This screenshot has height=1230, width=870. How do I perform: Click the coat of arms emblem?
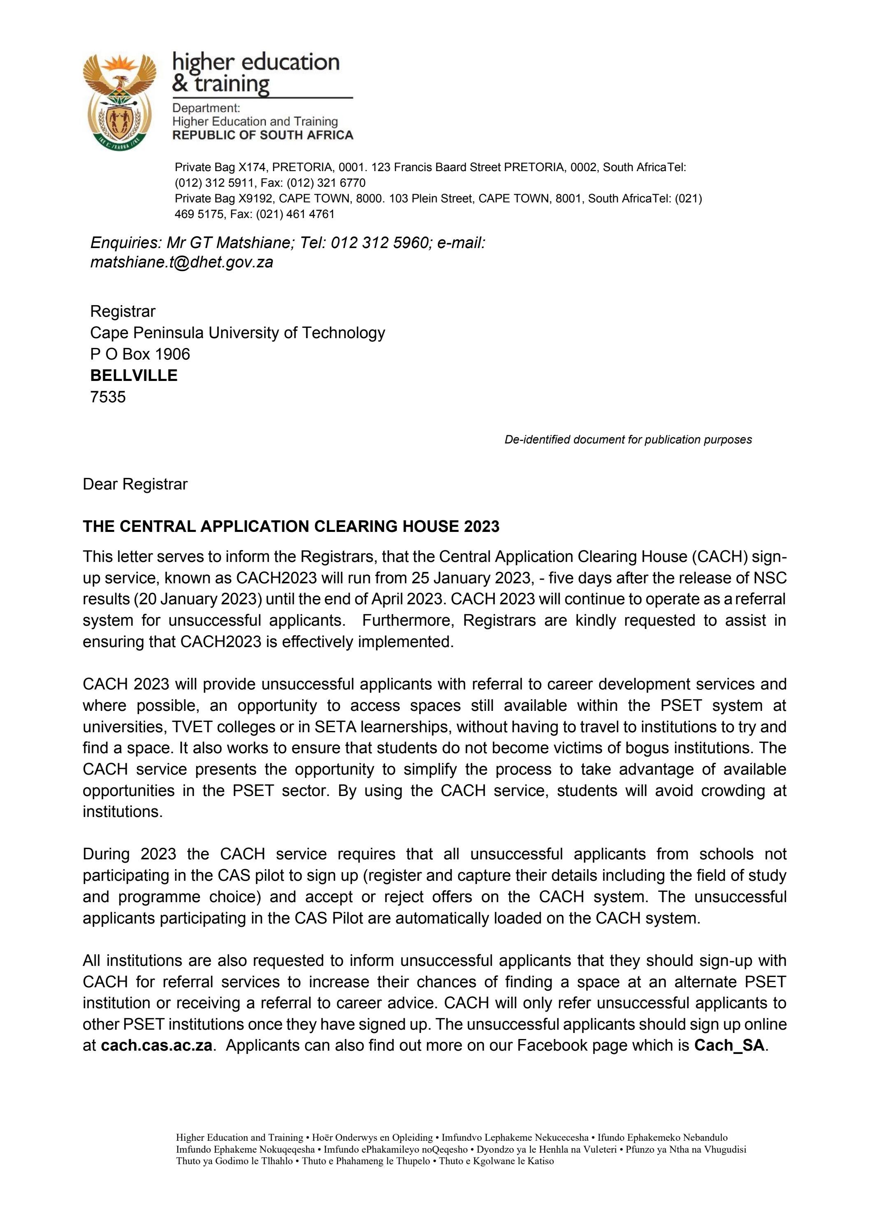[119, 100]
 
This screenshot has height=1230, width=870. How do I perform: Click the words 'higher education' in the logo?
[255, 62]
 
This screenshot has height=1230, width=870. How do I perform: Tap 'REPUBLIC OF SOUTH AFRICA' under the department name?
[262, 135]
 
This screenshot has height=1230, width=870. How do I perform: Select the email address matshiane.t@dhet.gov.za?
[181, 262]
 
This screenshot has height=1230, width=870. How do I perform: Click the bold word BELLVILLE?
[133, 376]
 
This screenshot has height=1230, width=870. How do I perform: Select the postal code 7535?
[108, 397]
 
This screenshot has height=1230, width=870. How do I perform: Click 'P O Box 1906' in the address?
[140, 354]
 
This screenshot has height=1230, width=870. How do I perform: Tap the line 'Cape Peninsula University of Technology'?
[237, 333]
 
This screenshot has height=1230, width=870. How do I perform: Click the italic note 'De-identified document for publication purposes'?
[628, 440]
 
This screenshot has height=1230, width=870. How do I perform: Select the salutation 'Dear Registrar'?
[135, 484]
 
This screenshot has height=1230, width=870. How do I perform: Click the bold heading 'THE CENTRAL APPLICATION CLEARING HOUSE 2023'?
[291, 527]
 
